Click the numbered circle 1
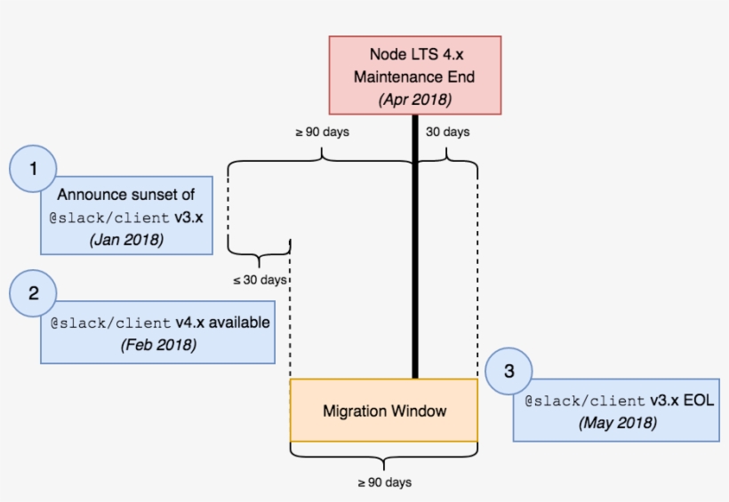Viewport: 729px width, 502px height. (33, 168)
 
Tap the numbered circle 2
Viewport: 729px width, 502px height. (33, 293)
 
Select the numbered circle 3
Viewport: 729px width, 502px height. (509, 372)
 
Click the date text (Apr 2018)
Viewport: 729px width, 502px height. (414, 99)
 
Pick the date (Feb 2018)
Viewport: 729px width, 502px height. (158, 344)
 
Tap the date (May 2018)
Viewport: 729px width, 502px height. (617, 423)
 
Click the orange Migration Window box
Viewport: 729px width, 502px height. (384, 410)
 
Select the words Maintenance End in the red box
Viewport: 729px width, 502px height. (414, 77)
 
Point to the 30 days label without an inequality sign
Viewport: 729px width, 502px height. (448, 132)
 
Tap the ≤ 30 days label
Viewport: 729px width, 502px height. (260, 280)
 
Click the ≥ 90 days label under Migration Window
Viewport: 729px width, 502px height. (384, 482)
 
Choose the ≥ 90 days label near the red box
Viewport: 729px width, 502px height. (322, 132)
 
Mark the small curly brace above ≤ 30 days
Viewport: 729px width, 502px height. (260, 260)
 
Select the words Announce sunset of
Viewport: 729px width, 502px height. (126, 194)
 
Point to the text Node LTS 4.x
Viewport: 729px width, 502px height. (414, 55)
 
